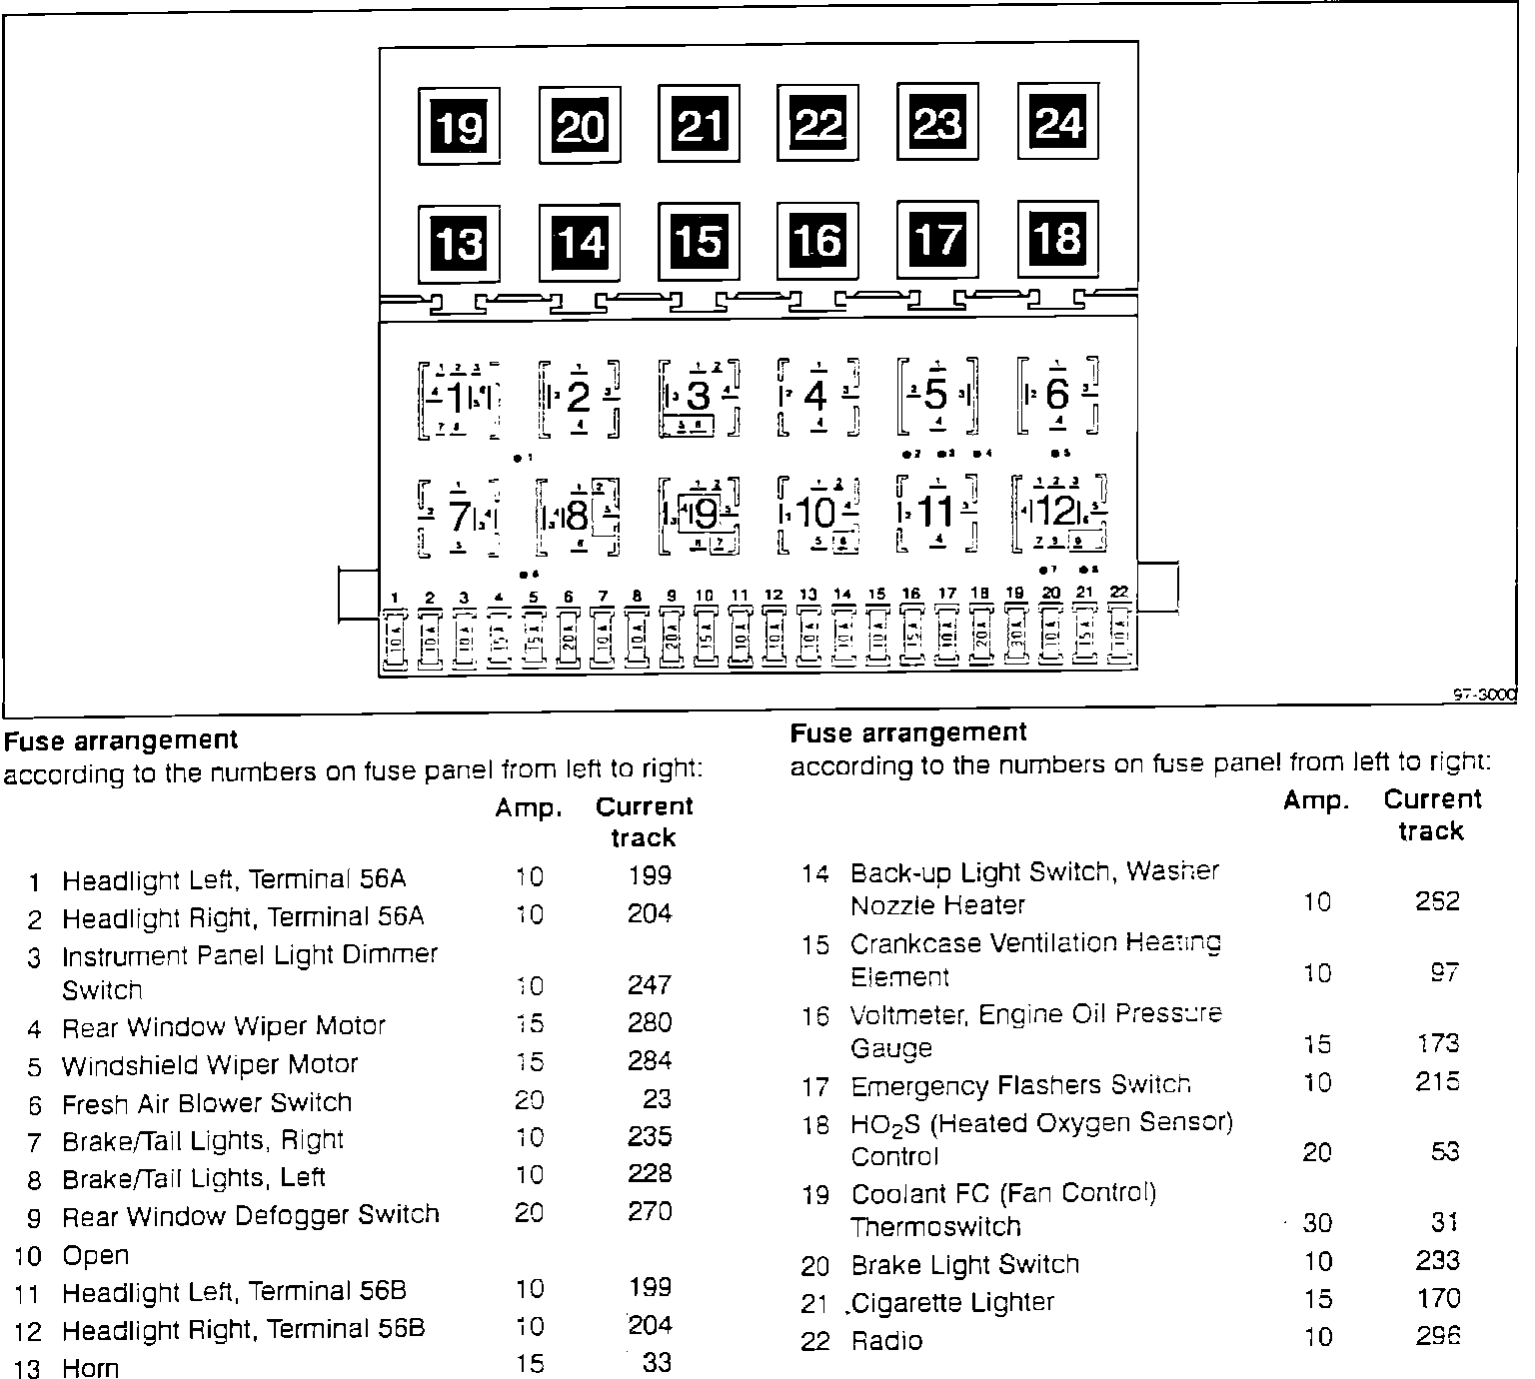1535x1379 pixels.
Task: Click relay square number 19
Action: [459, 126]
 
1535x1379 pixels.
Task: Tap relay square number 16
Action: [817, 240]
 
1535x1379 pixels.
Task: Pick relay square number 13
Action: [459, 243]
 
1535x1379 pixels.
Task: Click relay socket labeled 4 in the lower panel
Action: [817, 397]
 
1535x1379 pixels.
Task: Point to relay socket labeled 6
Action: [1057, 396]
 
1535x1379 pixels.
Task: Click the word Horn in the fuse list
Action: [90, 1367]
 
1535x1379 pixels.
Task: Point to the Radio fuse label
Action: [886, 1341]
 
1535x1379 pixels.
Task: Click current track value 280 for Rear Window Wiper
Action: [650, 1022]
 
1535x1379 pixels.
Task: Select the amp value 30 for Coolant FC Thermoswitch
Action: [1317, 1223]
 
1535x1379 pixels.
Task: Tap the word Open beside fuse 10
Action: [96, 1255]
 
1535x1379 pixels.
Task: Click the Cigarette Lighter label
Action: [952, 1303]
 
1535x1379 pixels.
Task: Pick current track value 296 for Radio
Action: [1438, 1337]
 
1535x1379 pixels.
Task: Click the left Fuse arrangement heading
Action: [121, 740]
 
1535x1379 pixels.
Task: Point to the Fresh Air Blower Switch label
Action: [207, 1103]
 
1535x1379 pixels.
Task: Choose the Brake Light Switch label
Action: [964, 1265]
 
